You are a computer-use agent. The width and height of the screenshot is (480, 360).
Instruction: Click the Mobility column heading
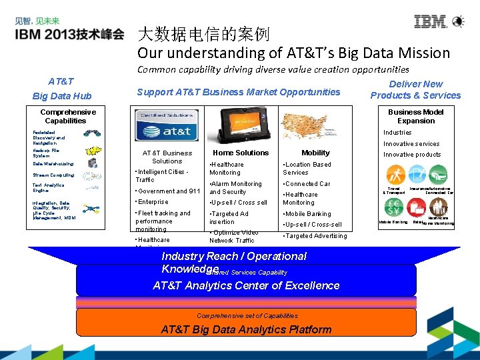tap(315, 153)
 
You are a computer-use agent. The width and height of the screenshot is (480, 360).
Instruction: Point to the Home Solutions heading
tap(241, 153)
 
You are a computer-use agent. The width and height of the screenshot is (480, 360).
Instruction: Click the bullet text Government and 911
tap(169, 191)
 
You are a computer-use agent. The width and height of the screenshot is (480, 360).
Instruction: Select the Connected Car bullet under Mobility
tap(307, 183)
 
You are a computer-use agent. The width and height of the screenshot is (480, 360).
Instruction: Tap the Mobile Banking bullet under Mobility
tap(307, 214)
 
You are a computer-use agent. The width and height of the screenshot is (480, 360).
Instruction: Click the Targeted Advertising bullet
tap(316, 235)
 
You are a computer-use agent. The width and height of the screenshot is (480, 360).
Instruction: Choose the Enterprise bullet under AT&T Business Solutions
tap(153, 202)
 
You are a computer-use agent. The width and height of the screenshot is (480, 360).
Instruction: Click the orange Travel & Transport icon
tap(396, 175)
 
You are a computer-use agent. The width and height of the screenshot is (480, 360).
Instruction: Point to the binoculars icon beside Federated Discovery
tap(92, 133)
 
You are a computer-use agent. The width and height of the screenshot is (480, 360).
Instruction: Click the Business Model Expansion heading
tap(415, 117)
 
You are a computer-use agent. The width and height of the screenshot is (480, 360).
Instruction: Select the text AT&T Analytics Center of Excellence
tap(246, 285)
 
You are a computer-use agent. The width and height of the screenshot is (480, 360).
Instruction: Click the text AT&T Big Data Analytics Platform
tap(246, 329)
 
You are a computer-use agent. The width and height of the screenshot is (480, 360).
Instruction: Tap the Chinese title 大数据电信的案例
tap(203, 33)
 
